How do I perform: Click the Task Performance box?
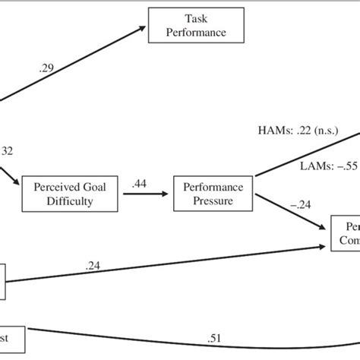pyautogui.click(x=195, y=25)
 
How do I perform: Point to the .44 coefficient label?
pyautogui.click(x=140, y=183)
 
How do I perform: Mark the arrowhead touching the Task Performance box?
pyautogui.click(x=143, y=29)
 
